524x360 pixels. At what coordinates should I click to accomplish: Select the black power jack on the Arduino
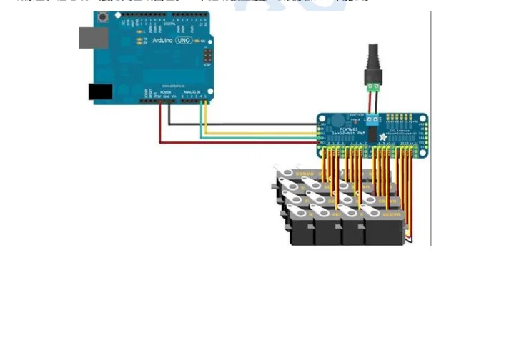[x=100, y=91]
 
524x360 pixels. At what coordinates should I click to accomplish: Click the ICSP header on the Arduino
[x=207, y=56]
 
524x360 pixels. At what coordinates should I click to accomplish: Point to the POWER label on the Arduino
[x=165, y=92]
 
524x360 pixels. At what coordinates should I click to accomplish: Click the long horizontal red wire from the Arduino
[x=236, y=142]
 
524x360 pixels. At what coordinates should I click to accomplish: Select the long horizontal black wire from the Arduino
[x=243, y=124]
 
